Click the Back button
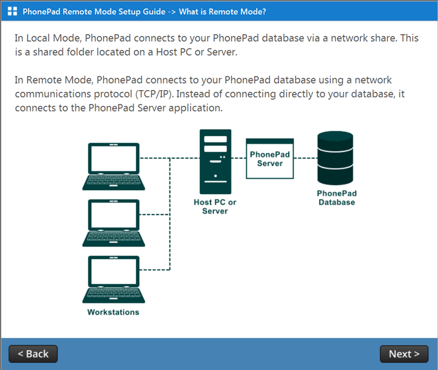click(33, 354)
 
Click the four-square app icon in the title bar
click(12, 11)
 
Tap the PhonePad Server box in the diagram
click(270, 158)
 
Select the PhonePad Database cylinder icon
click(335, 158)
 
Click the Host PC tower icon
click(216, 162)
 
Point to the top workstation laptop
click(114, 167)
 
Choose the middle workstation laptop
click(114, 223)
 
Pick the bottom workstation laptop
click(114, 279)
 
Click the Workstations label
click(113, 312)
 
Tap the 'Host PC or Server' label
click(215, 207)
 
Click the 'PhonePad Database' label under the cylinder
click(337, 198)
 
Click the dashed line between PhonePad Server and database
click(306, 158)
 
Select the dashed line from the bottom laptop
click(154, 270)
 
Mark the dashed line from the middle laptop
click(154, 215)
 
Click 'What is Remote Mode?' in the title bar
click(222, 11)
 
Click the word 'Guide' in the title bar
click(154, 11)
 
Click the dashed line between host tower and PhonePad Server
click(239, 158)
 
